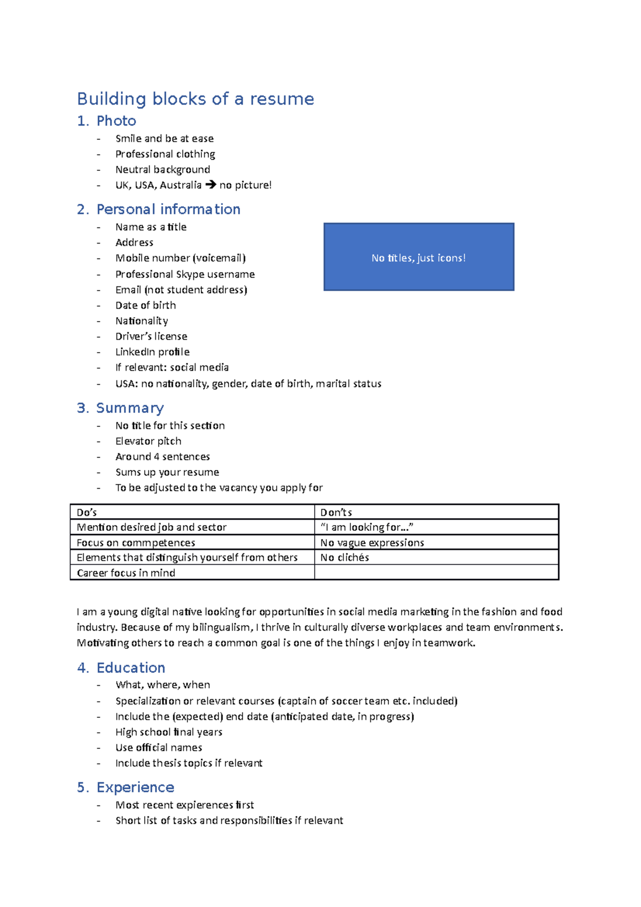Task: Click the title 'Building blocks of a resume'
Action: click(196, 99)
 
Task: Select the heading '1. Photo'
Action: click(107, 121)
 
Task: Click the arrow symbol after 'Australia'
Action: click(210, 185)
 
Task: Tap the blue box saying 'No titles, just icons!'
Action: click(418, 257)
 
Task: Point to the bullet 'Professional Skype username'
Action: click(185, 274)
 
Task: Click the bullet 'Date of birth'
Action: click(145, 305)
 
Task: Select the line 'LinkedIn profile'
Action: click(152, 352)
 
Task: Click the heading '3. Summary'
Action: click(121, 408)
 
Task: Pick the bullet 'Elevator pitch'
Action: click(148, 441)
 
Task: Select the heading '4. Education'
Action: click(121, 668)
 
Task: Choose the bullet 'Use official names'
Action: click(159, 747)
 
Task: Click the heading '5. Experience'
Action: click(126, 787)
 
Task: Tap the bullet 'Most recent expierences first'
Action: click(184, 805)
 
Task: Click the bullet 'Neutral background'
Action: click(162, 169)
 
